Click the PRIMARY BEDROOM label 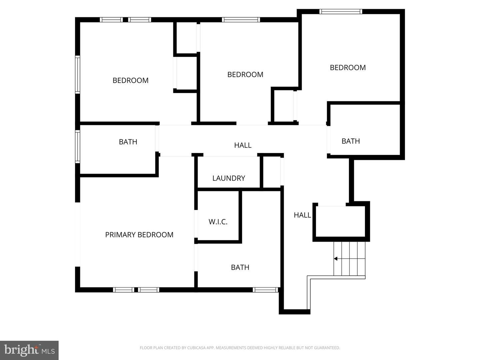[139, 235]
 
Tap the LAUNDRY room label [229, 178]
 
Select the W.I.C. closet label [218, 222]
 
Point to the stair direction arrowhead [336, 259]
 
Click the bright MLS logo [29, 350]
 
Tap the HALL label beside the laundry [243, 145]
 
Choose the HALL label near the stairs [302, 215]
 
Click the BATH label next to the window [128, 142]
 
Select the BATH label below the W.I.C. [240, 267]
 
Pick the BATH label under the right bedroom [351, 141]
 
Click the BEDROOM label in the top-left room [130, 80]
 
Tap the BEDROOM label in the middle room [245, 75]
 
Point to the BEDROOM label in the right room [348, 68]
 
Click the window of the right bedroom [340, 12]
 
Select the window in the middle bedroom [241, 20]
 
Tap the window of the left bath [77, 146]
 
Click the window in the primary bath [265, 290]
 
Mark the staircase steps [349, 259]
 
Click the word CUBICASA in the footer [195, 348]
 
